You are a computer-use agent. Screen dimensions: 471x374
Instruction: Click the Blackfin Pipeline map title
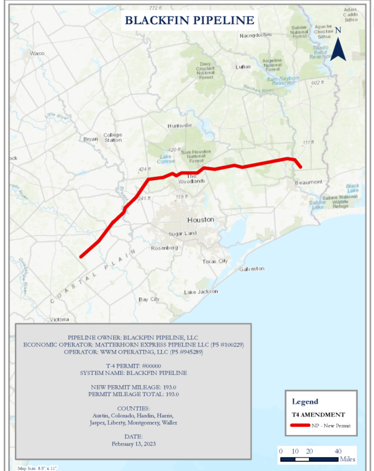click(x=189, y=20)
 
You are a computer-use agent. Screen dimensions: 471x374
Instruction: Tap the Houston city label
click(x=201, y=220)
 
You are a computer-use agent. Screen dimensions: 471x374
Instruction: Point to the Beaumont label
click(x=309, y=182)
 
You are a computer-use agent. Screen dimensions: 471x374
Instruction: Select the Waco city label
click(x=37, y=53)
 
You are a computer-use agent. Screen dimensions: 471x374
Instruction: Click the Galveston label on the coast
click(x=252, y=269)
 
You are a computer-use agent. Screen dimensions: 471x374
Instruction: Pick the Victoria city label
click(x=59, y=320)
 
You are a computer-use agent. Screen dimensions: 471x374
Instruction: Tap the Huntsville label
click(x=180, y=126)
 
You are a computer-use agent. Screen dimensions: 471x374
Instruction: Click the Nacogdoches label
click(x=256, y=35)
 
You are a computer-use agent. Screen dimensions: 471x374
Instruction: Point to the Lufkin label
click(x=243, y=67)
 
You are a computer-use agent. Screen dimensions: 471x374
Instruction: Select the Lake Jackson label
click(x=201, y=292)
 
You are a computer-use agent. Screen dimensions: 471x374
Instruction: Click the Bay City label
click(x=149, y=299)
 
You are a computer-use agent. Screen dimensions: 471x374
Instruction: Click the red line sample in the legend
click(x=300, y=425)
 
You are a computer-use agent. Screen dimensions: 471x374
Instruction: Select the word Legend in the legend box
click(x=305, y=402)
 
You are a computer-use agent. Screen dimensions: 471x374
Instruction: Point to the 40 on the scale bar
click(x=338, y=451)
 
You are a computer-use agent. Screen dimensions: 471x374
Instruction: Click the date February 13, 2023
click(x=134, y=444)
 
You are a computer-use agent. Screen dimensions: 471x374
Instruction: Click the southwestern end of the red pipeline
click(x=81, y=256)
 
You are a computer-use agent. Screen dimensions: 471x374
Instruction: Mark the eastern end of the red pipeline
click(x=301, y=167)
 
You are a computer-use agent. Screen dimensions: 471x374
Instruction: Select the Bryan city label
click(x=91, y=139)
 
